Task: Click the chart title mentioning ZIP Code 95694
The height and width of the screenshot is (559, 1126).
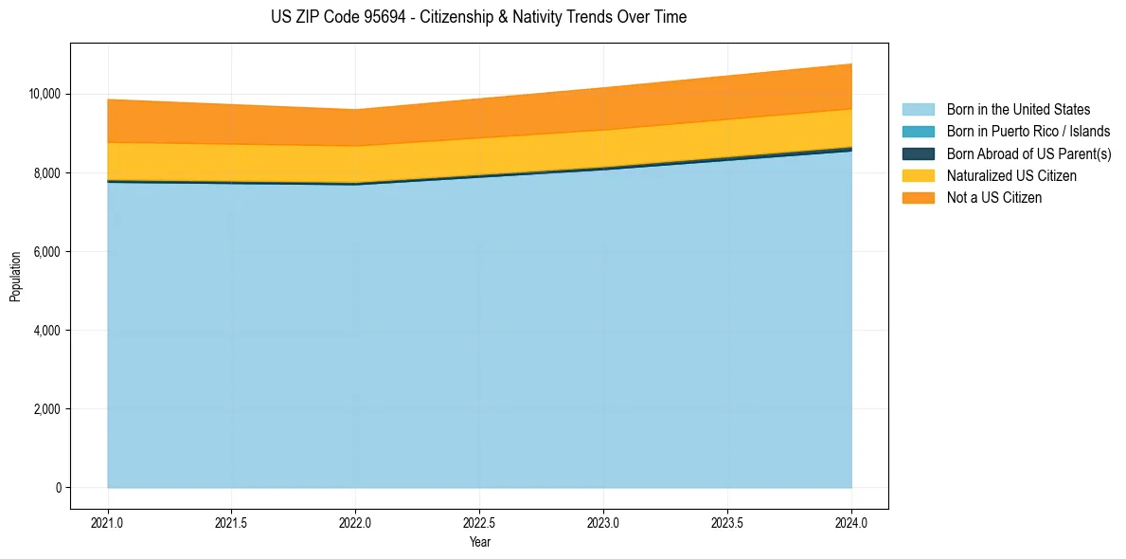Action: coord(478,17)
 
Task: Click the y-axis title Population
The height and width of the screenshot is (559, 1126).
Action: coord(15,277)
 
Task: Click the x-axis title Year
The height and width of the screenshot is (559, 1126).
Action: coord(479,542)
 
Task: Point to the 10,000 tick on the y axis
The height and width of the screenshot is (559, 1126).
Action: coord(44,95)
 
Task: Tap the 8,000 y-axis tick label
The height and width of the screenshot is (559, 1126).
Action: coord(46,173)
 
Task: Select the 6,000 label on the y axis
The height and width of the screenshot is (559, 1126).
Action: coord(46,252)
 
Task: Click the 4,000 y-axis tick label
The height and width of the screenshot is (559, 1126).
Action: coord(46,331)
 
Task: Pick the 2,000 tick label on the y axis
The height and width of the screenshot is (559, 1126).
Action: coord(46,409)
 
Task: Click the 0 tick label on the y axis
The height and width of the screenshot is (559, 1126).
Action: coord(58,488)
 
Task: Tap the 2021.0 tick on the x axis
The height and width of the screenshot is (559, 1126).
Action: coord(108,522)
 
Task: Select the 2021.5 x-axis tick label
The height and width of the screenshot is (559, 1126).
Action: coord(232,522)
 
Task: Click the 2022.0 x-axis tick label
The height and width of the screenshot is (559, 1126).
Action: coord(355,522)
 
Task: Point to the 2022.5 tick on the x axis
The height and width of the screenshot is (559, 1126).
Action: coord(479,522)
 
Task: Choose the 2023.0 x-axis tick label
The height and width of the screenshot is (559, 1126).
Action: coord(603,522)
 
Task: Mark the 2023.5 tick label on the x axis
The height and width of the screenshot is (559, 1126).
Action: coord(727,522)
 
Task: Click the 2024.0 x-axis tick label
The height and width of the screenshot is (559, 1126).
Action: coord(851,522)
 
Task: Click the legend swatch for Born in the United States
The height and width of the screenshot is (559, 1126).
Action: coord(918,110)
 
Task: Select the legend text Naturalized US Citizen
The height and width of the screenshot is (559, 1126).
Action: coord(1011,176)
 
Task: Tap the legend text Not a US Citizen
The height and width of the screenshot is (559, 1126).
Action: coord(994,198)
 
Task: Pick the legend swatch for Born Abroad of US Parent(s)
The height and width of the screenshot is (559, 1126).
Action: coord(918,153)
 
